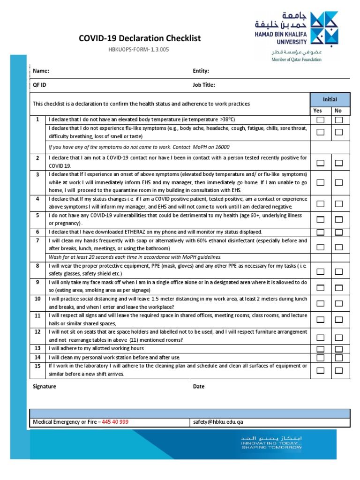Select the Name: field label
41,71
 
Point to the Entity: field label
201,71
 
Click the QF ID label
39,85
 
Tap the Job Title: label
204,85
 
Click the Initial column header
330,99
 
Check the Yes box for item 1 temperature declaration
320,120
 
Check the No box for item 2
339,163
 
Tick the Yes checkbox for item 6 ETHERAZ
320,232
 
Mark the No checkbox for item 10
339,303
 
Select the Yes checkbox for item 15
320,370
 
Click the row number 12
37,332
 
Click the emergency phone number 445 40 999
115,422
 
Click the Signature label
45,387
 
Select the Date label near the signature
199,387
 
